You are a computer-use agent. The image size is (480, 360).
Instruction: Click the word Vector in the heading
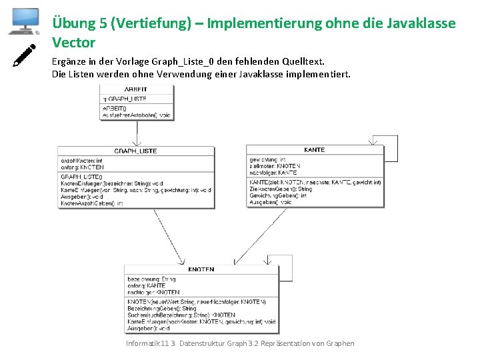click(x=73, y=43)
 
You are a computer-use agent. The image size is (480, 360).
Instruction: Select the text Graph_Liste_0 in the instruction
click(x=179, y=61)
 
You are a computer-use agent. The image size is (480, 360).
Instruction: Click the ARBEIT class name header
click(x=136, y=89)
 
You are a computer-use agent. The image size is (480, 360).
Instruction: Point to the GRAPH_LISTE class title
click(x=135, y=151)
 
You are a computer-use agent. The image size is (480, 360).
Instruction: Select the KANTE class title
click(x=314, y=150)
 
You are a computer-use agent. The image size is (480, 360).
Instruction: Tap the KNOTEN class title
click(x=201, y=270)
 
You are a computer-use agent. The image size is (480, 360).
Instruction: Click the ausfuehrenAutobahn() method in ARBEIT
click(x=136, y=115)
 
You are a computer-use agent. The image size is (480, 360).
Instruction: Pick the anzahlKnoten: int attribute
click(x=81, y=161)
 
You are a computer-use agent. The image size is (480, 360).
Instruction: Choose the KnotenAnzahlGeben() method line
click(x=92, y=203)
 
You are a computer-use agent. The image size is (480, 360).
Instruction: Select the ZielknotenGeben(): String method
click(x=280, y=189)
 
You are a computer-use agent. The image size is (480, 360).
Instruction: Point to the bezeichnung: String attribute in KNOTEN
click(x=151, y=279)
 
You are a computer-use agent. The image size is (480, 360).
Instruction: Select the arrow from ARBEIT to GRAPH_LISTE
click(x=136, y=133)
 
